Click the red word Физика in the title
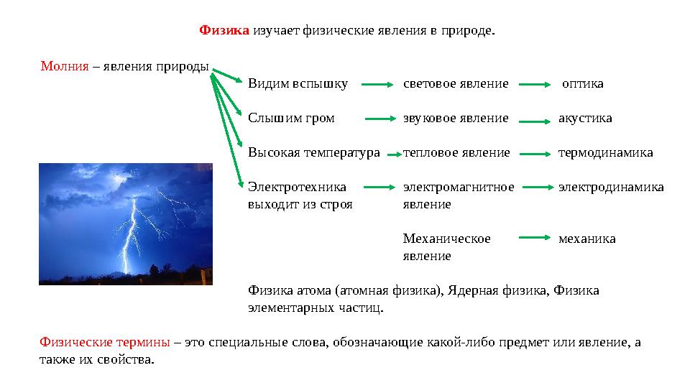coord(224,31)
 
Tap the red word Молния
coord(64,66)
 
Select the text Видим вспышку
coord(298,83)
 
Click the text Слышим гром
coord(291,118)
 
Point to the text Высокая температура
coord(313,152)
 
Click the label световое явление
coord(456,83)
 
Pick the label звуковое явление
coord(456,118)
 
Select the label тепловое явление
coord(456,152)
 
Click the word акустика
coord(585,118)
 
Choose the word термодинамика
coord(606,152)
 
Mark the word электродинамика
coord(611,187)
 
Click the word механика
coord(586,239)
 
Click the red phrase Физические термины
coord(104,342)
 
